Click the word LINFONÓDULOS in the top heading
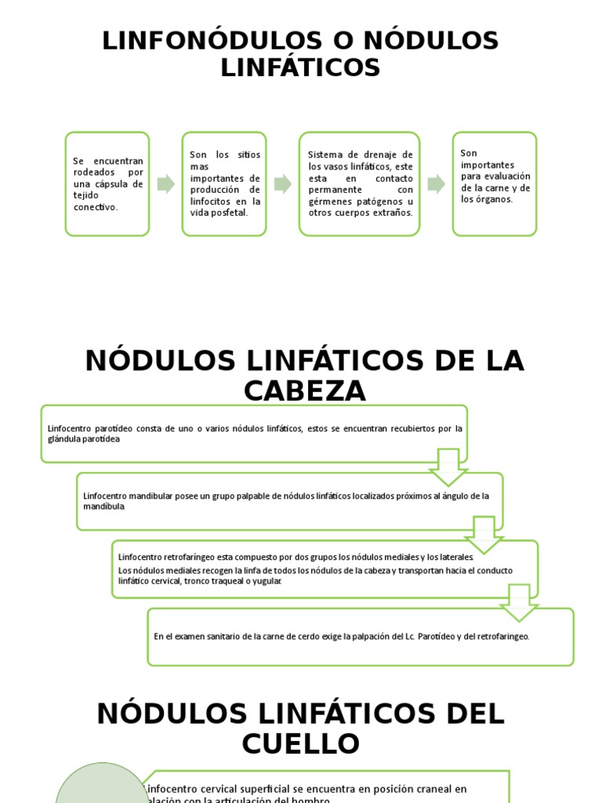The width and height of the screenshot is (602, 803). tap(210, 41)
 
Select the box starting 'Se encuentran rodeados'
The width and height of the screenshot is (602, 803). tap(107, 184)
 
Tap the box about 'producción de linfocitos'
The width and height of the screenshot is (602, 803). tap(224, 184)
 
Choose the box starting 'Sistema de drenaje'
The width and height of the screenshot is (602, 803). tap(360, 184)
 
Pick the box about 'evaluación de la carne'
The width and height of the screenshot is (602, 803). tap(495, 184)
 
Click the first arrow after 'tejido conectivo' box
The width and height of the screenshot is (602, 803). tap(165, 184)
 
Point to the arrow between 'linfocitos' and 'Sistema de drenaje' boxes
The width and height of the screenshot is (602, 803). tap(282, 184)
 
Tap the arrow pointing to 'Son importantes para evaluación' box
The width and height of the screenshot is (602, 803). tap(436, 184)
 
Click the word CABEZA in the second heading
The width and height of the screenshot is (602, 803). tap(304, 391)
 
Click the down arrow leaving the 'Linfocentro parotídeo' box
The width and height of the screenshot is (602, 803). tap(449, 467)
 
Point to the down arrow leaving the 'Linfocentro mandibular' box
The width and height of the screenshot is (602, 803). tap(484, 534)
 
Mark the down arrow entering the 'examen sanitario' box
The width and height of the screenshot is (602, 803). tap(519, 602)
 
